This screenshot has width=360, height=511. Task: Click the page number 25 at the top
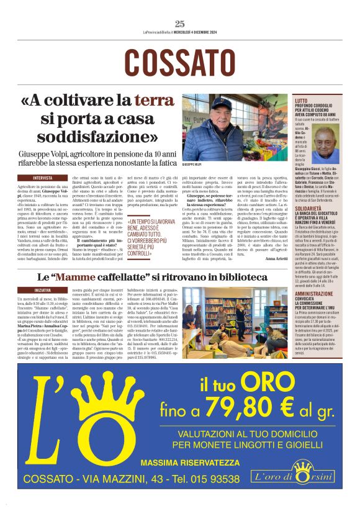[x=180, y=24]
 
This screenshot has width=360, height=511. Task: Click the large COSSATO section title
[x=180, y=62]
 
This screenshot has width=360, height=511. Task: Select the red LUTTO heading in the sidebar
[x=301, y=100]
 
